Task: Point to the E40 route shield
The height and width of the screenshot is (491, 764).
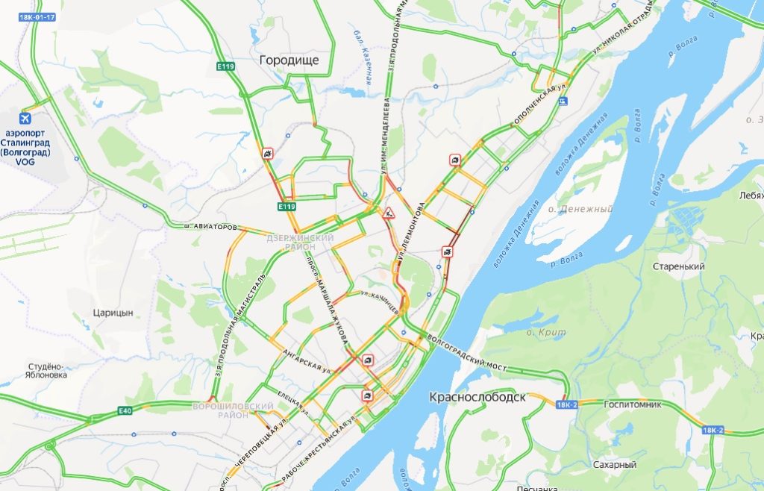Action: (124, 410)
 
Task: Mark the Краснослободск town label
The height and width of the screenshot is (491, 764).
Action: (477, 397)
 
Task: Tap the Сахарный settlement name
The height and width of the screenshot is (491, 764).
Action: (614, 464)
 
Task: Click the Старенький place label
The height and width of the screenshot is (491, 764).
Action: (678, 266)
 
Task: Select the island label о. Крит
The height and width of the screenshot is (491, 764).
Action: (547, 331)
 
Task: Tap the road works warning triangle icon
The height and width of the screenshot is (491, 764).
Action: (388, 213)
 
